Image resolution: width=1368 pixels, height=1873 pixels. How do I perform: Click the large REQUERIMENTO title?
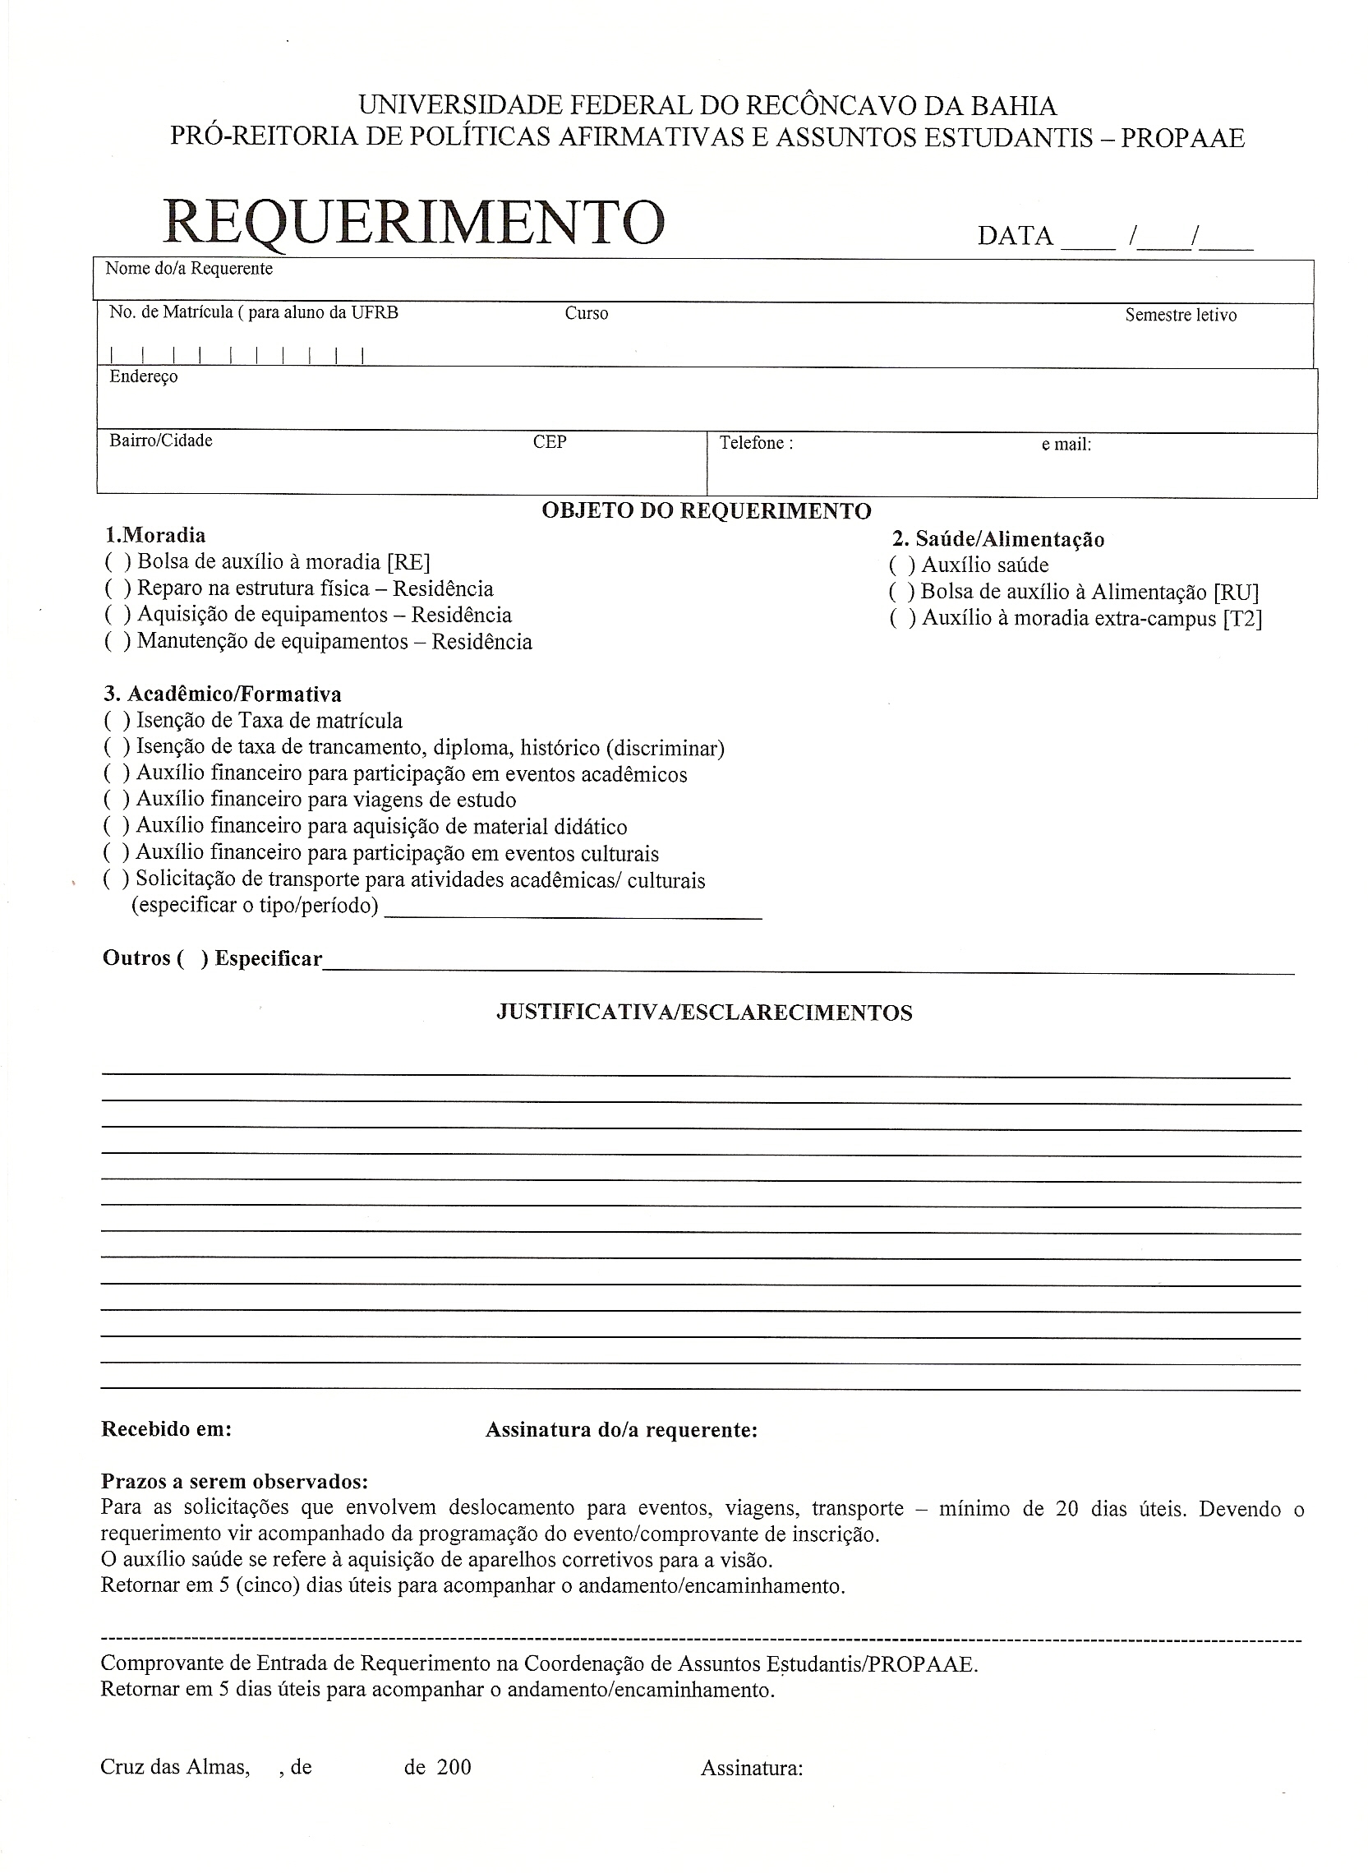(x=413, y=222)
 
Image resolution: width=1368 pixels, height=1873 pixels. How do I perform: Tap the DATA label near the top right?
(x=1015, y=236)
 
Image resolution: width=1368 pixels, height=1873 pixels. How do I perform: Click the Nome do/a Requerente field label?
(x=189, y=269)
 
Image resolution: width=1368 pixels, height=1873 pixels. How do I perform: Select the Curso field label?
(x=587, y=313)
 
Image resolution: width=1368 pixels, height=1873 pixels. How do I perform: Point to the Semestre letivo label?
(x=1180, y=315)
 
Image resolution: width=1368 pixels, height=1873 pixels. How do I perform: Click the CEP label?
(x=550, y=442)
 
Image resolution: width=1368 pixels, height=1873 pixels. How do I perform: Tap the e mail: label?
(x=1066, y=445)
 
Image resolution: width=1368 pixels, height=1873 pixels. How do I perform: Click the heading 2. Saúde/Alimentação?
(x=997, y=539)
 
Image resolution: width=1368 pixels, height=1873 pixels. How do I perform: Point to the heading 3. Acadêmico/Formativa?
(x=223, y=694)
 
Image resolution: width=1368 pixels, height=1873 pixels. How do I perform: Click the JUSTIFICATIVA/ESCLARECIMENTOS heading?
(x=704, y=1013)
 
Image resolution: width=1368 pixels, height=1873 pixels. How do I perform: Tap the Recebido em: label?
(x=166, y=1429)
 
